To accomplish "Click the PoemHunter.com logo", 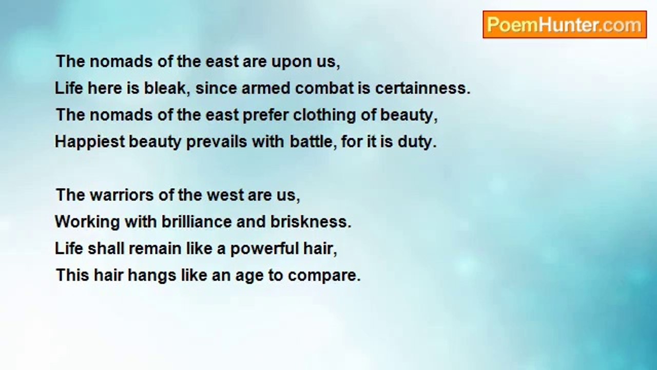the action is click(x=565, y=25).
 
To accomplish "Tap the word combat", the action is click(x=324, y=88).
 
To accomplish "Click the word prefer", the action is click(x=266, y=116).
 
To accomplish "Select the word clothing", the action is click(x=324, y=116).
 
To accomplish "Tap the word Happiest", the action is click(x=90, y=142).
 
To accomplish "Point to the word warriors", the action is click(x=122, y=195).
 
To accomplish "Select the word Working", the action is click(x=87, y=223).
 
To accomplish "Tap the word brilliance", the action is click(x=197, y=221).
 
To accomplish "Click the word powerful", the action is click(x=264, y=249).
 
